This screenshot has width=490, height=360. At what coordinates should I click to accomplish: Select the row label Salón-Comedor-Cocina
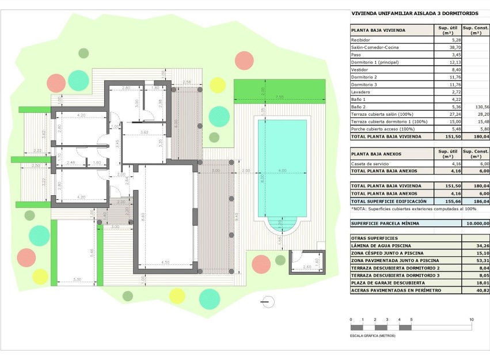375,47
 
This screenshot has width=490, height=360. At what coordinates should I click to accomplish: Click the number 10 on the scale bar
471,320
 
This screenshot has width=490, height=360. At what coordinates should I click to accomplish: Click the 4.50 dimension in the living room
165,263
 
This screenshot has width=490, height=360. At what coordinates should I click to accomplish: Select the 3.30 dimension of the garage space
77,280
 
